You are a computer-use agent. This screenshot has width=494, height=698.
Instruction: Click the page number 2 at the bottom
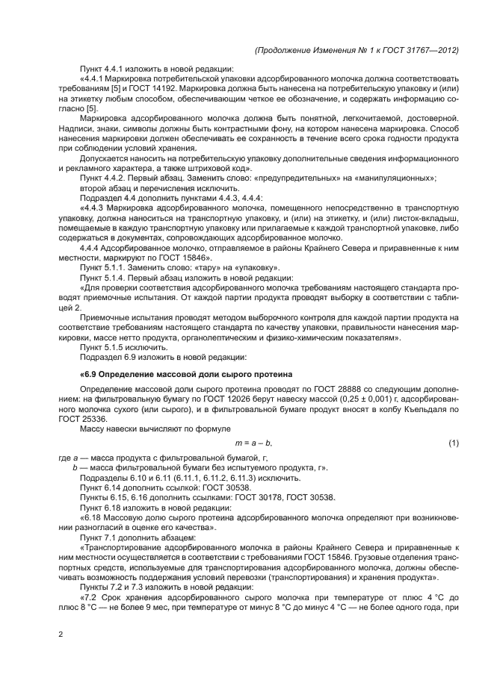(61, 635)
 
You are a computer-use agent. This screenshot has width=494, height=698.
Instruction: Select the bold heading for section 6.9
(185, 373)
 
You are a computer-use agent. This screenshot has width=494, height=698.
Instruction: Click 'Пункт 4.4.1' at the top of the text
(103, 67)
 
